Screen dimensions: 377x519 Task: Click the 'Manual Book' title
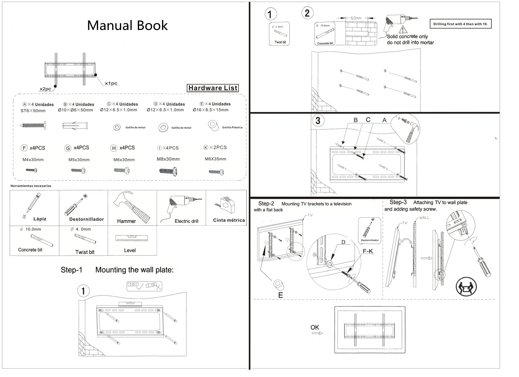pos(127,25)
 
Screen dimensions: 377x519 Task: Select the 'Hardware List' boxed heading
pos(213,88)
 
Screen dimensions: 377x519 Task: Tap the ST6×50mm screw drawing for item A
pos(33,126)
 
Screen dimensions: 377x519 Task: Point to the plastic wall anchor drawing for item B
pos(75,126)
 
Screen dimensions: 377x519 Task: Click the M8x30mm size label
pos(168,159)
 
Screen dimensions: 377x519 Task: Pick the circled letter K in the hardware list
pos(206,147)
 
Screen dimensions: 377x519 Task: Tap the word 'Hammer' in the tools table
pos(126,221)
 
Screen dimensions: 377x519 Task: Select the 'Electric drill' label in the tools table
pos(186,221)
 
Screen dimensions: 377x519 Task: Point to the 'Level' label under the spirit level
pos(130,250)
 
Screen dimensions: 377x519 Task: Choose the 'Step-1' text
pos(71,270)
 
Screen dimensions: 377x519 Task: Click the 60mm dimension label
pos(356,18)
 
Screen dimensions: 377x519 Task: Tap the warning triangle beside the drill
pos(403,30)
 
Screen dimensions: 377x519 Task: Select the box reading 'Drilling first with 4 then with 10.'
pos(460,24)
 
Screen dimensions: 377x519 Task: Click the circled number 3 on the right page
pos(318,121)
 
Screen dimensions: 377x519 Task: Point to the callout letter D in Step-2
pos(343,242)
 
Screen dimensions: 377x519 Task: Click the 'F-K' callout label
pos(367,251)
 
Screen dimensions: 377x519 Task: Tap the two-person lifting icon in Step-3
pos(466,287)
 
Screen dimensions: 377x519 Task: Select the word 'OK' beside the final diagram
pos(315,327)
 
